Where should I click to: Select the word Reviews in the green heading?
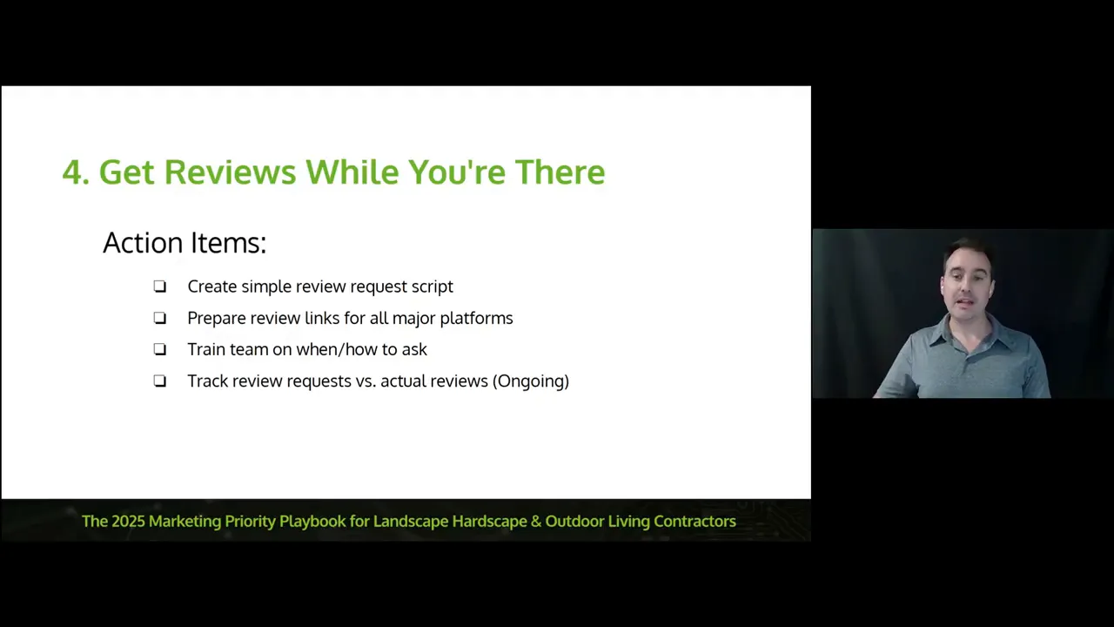[230, 172]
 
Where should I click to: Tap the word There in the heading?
[560, 172]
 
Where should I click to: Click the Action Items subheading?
[185, 242]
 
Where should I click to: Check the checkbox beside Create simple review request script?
[160, 287]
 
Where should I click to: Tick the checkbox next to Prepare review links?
[160, 318]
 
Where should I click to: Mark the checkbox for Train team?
[160, 349]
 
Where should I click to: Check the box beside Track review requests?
[160, 381]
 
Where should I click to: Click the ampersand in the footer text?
[536, 522]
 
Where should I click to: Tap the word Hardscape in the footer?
[490, 522]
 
